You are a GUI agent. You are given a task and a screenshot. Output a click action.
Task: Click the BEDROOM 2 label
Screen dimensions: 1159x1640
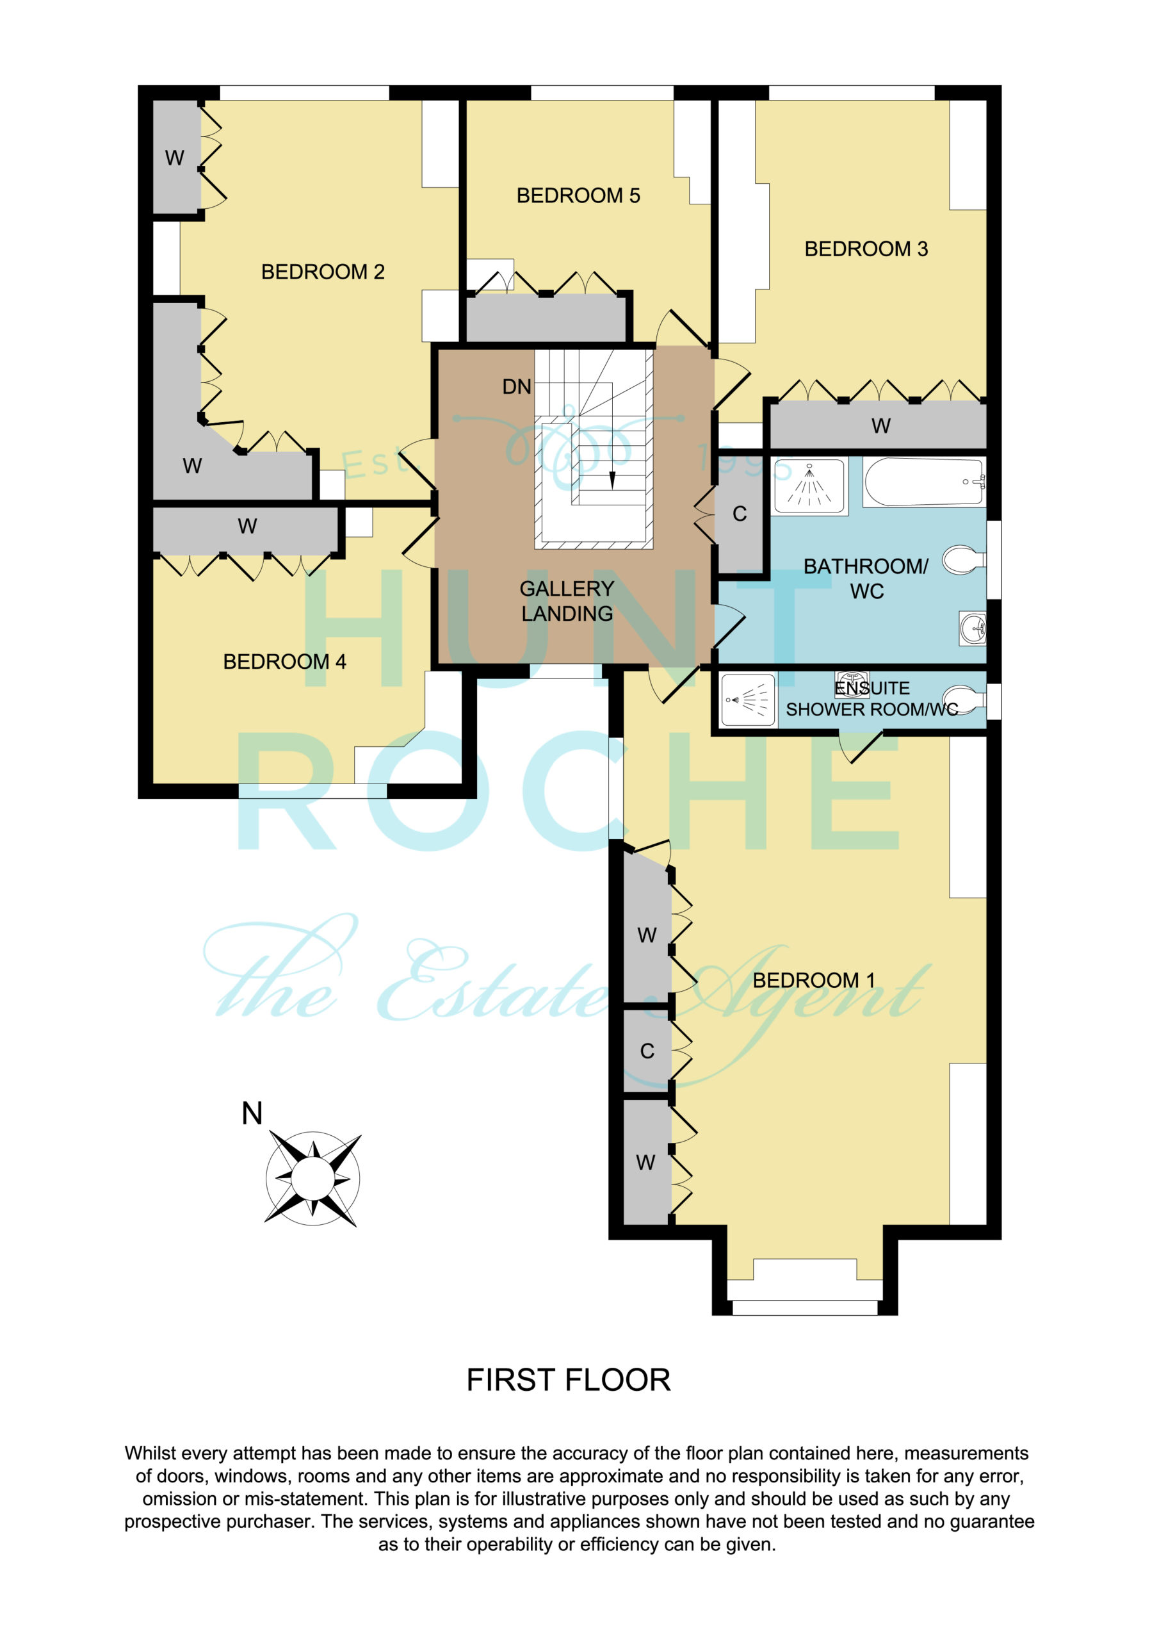point(323,272)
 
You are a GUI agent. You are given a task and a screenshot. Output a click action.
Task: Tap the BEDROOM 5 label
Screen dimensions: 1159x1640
point(578,196)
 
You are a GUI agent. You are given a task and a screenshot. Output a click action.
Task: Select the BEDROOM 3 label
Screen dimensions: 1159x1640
point(866,249)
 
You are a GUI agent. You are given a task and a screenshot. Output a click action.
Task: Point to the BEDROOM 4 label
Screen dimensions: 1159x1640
point(284,661)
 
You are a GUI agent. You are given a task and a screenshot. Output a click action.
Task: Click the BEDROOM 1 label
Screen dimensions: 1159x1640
point(814,980)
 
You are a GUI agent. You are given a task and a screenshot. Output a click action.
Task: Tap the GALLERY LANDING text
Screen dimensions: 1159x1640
point(567,601)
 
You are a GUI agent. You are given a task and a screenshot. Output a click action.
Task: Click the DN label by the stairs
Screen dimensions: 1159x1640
point(516,387)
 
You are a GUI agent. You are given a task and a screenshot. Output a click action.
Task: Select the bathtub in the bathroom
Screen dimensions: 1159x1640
point(924,482)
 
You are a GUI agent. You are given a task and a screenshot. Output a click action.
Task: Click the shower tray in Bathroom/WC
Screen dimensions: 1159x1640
point(810,484)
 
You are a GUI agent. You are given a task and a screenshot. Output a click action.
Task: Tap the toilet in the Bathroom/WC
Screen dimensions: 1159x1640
point(964,560)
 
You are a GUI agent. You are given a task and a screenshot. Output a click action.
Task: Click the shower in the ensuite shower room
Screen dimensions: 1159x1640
point(748,700)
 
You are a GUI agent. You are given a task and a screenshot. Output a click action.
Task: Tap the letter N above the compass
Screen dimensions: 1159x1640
point(252,1113)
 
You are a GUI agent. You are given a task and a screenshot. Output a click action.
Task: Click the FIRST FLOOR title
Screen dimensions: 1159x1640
point(569,1380)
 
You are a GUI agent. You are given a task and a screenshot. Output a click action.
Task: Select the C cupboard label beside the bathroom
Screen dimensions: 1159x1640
point(740,514)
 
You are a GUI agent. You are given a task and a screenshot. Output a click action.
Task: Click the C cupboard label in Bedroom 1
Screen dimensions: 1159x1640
point(647,1051)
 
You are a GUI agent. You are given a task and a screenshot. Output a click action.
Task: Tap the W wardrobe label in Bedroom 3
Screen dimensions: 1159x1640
point(880,426)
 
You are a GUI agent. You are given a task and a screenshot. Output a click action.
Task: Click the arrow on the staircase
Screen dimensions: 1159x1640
point(612,480)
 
